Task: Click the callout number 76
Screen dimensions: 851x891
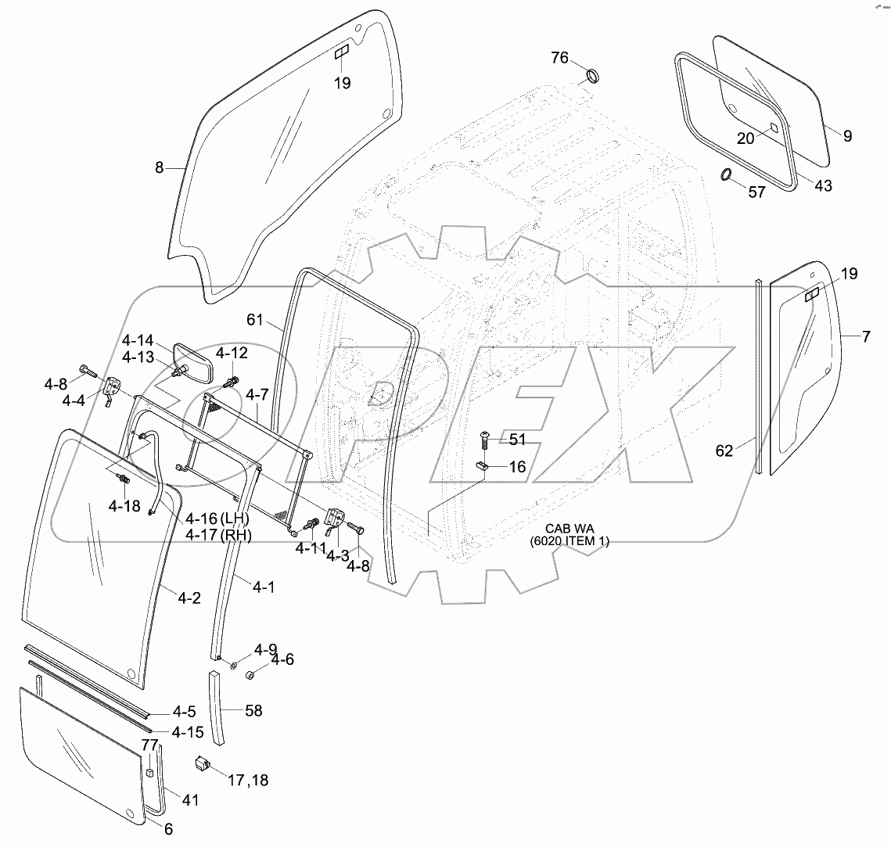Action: click(559, 57)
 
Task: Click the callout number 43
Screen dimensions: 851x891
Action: click(823, 185)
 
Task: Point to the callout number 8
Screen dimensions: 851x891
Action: click(160, 167)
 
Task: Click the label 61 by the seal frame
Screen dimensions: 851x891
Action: click(256, 321)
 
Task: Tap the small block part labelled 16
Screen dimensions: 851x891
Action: click(483, 466)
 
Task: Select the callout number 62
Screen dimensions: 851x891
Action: click(725, 450)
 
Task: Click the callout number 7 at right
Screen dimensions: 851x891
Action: click(866, 336)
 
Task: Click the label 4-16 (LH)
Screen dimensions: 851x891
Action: click(216, 519)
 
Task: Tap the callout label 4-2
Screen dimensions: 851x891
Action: click(189, 598)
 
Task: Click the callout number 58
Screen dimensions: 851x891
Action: click(253, 711)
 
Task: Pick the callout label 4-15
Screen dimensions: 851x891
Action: click(189, 732)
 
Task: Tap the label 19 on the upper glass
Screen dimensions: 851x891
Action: click(343, 84)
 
